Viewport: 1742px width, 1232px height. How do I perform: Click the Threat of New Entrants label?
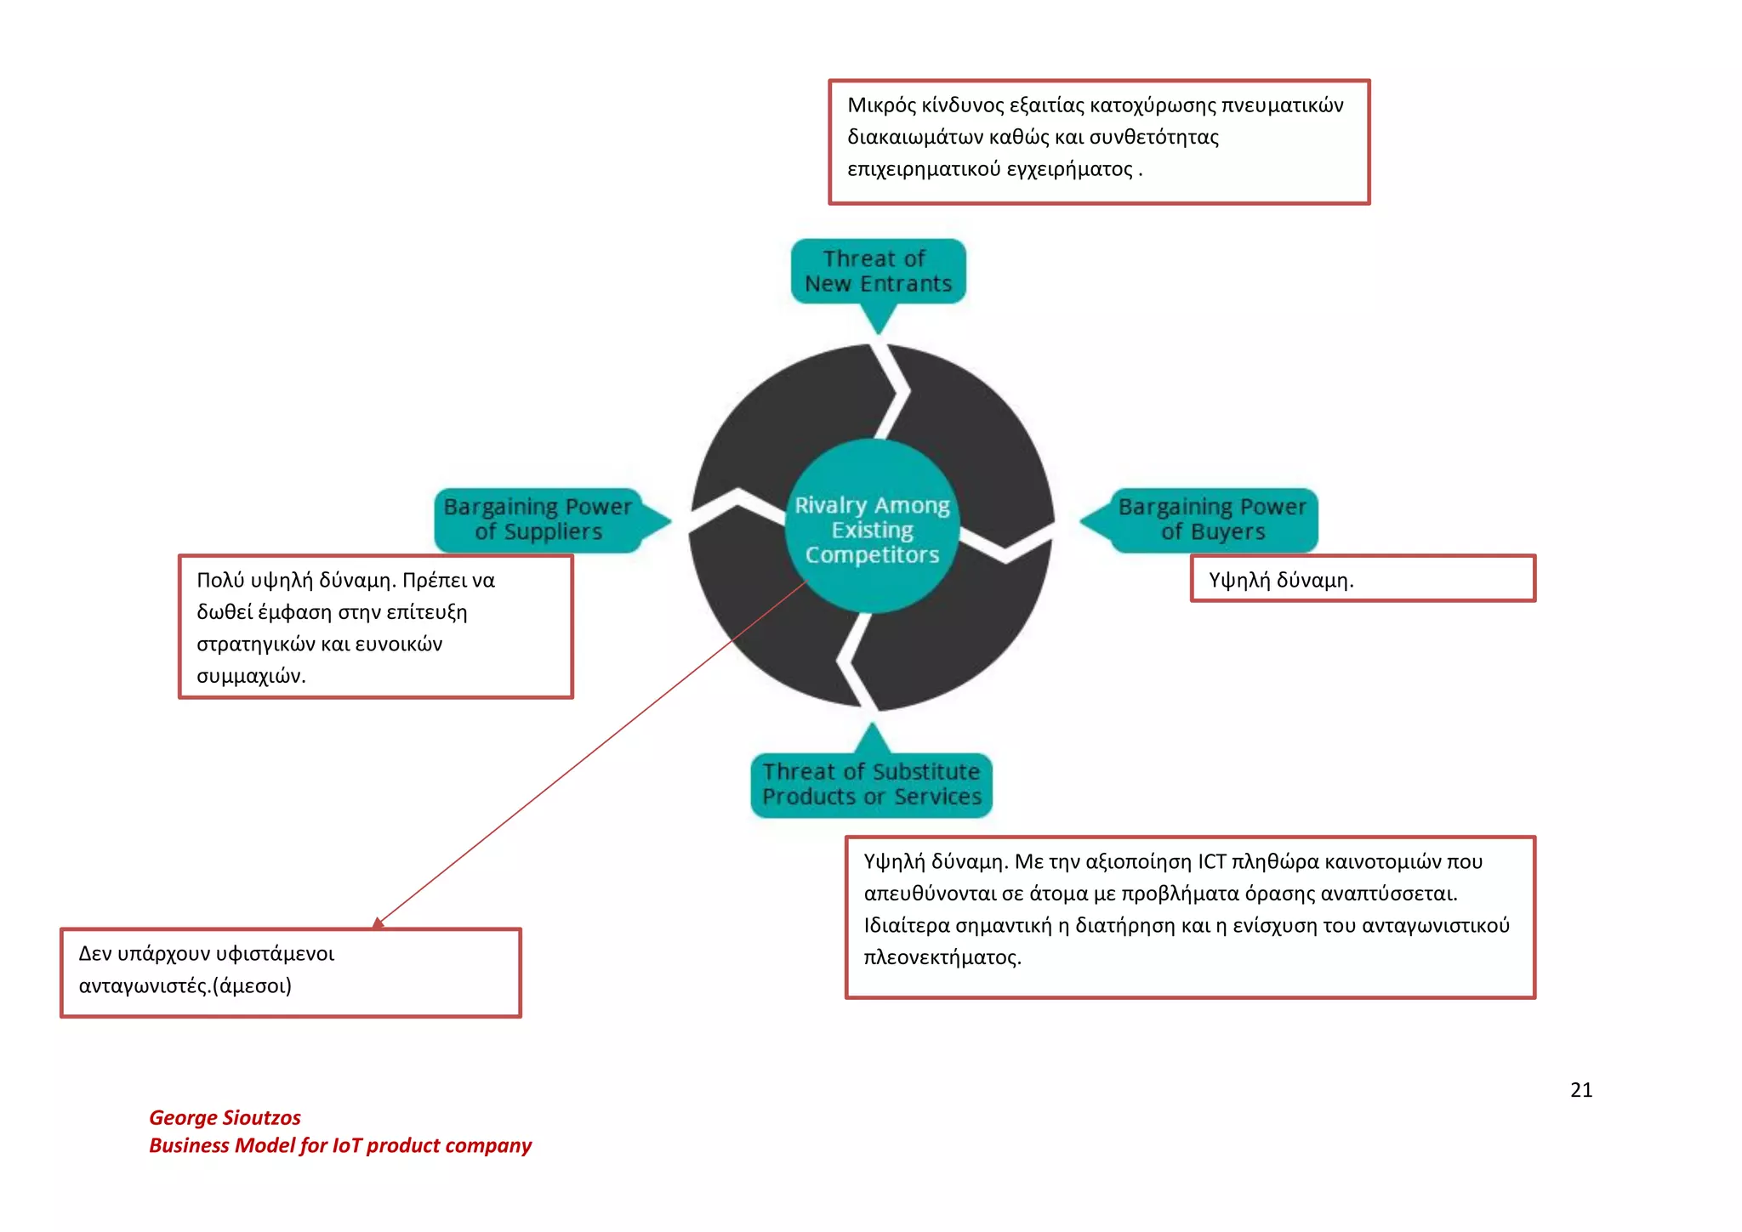(x=878, y=271)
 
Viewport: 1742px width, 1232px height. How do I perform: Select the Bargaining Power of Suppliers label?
(x=538, y=519)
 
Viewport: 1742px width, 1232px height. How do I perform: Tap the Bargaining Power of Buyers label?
(x=1212, y=519)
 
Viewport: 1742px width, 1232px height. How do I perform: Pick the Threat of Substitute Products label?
(x=871, y=785)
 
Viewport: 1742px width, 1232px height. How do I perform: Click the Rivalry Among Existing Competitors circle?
(x=872, y=529)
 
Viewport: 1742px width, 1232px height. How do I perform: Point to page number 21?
(x=1580, y=1090)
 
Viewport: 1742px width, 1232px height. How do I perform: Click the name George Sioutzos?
(x=225, y=1117)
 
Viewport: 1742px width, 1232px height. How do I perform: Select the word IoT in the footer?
(x=347, y=1145)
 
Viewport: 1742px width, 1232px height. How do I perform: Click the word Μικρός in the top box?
(x=881, y=105)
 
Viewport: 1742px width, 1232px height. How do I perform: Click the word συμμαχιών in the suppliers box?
(x=250, y=676)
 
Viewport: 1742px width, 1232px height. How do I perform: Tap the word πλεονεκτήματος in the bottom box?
(x=942, y=957)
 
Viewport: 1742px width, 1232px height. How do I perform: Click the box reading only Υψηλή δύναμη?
(x=1362, y=579)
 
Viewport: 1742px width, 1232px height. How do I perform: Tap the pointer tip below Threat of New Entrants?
(x=879, y=331)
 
